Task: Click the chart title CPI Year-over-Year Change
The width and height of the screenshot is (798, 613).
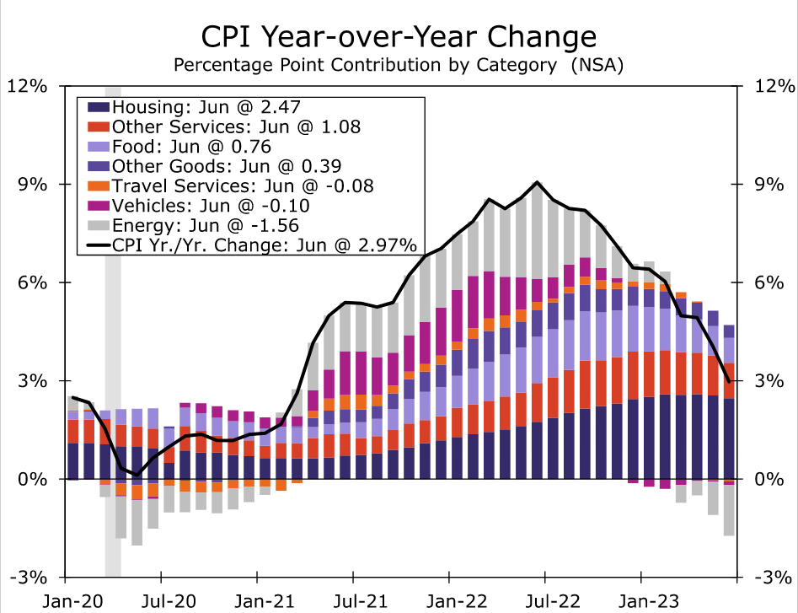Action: [399, 36]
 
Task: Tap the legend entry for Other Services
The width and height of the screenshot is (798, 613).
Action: [236, 126]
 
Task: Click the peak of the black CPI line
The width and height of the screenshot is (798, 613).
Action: [537, 182]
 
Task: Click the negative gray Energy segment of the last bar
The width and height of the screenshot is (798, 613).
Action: [729, 510]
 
